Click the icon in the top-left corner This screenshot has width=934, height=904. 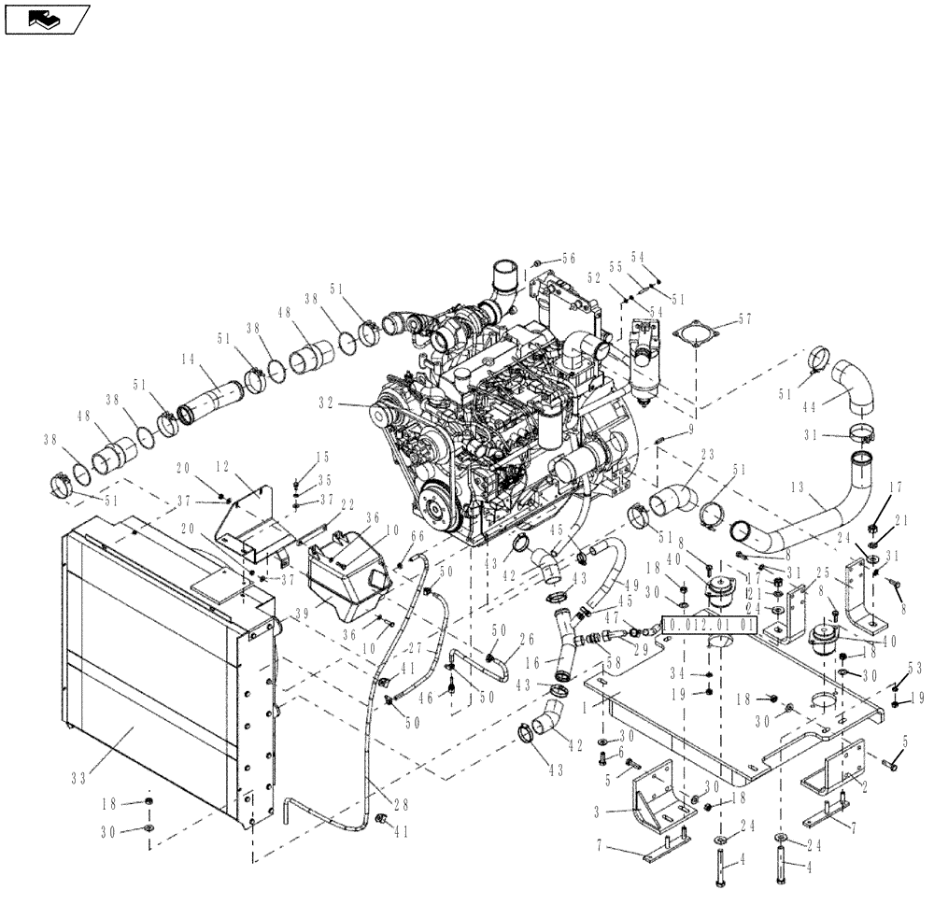(x=47, y=18)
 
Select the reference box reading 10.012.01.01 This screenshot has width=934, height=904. (x=706, y=623)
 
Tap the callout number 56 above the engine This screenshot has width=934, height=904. (x=568, y=259)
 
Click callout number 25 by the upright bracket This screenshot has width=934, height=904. (x=823, y=571)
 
